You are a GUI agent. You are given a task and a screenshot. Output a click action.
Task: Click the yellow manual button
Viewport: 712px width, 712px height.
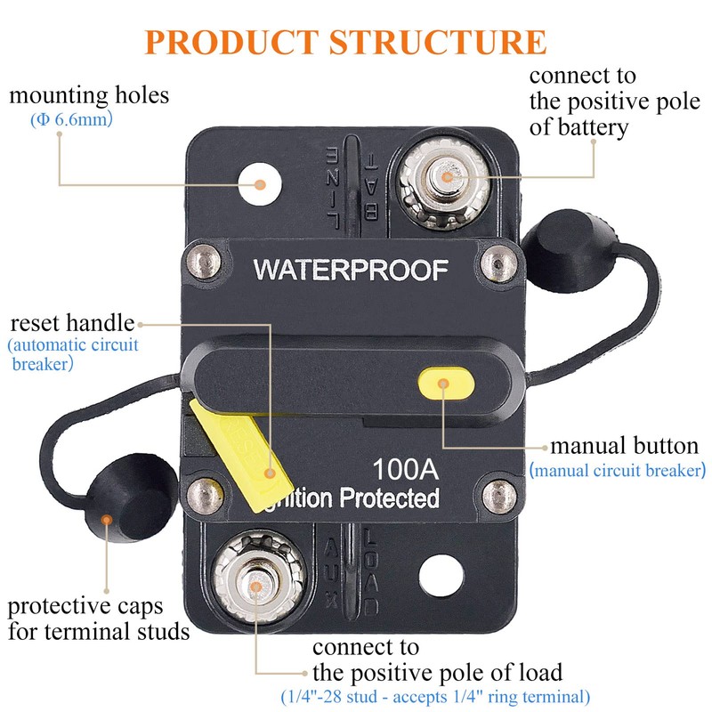[x=445, y=384]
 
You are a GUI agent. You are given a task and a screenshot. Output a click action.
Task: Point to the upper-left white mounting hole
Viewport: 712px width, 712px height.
[x=261, y=183]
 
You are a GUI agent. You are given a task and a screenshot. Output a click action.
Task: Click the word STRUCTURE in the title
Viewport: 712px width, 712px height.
[x=438, y=42]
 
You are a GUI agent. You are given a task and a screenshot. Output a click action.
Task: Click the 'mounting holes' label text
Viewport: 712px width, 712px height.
[x=89, y=94]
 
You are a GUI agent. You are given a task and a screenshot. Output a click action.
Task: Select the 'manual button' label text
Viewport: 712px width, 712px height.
[x=623, y=445]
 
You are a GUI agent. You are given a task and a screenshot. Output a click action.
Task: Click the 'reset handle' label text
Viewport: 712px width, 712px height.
[x=72, y=322]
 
